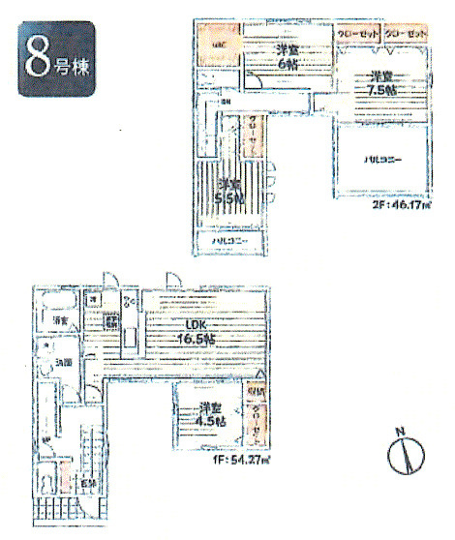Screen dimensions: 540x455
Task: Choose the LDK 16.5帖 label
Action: pos(197,332)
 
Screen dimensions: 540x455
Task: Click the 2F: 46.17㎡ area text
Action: pos(403,205)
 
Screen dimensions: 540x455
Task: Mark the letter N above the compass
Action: pos(399,431)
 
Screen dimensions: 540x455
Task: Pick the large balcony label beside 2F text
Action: pos(382,159)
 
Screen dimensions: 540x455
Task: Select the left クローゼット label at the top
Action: pos(357,33)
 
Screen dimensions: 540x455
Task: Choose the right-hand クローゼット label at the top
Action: pos(405,33)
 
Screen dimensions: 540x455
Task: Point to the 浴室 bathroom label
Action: pos(60,320)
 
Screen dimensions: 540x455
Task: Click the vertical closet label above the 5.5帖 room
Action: pos(252,135)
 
